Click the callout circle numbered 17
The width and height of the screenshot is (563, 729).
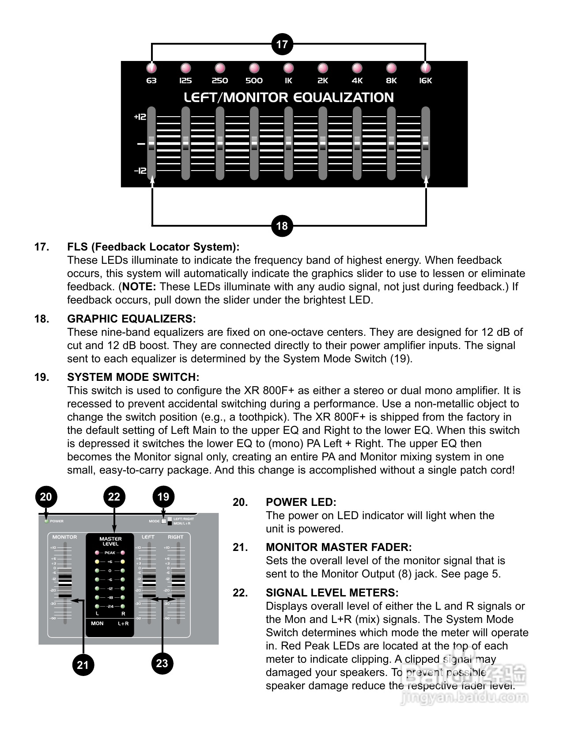coord(282,44)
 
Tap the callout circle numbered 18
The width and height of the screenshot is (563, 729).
coord(282,226)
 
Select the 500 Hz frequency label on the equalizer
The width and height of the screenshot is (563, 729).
coord(254,81)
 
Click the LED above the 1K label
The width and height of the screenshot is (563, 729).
coord(288,68)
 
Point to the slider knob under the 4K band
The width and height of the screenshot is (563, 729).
coord(357,143)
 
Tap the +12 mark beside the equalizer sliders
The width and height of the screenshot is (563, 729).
coord(140,117)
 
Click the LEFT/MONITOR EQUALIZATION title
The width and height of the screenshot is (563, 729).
coord(288,98)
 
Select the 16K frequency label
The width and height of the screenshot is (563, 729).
coord(425,81)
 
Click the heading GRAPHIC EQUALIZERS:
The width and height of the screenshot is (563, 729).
coord(131,319)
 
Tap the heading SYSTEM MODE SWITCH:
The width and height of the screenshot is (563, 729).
coord(133,377)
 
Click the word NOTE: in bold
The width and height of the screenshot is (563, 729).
coord(139,286)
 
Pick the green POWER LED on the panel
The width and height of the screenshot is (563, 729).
coord(46,521)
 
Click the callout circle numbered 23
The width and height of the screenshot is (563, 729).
coord(162,663)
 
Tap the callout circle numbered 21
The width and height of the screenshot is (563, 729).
coord(83,664)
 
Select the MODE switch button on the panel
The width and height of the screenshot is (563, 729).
coord(164,521)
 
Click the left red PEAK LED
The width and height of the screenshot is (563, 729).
coord(97,553)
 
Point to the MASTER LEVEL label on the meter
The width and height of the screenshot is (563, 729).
coord(110,541)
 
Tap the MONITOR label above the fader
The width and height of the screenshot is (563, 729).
coord(64,537)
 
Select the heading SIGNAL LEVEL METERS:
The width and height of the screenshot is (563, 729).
coord(332,592)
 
